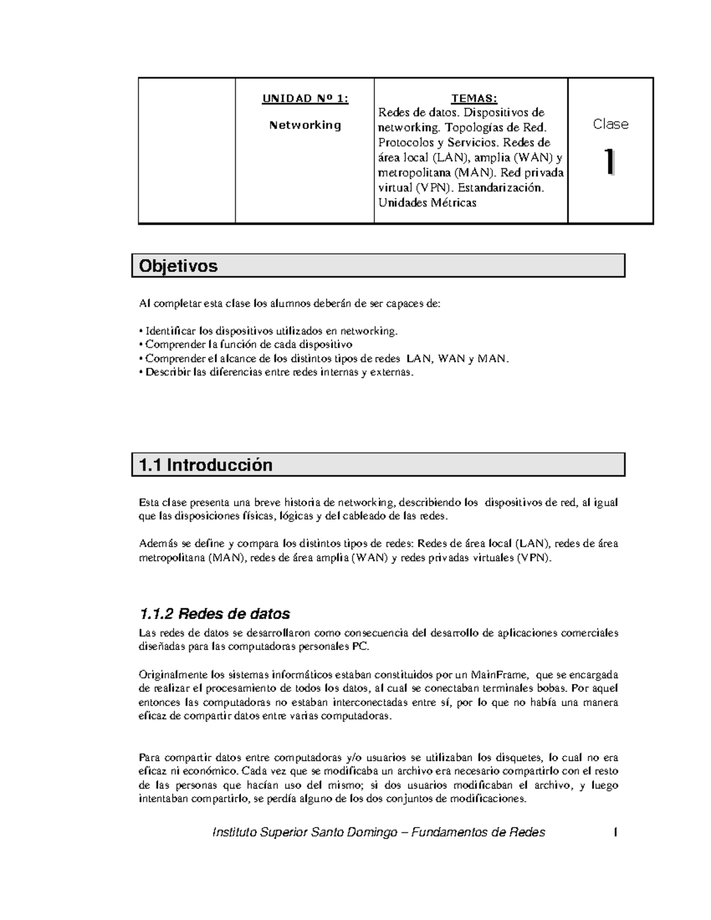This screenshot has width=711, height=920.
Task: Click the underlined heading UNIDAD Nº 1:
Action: point(305,98)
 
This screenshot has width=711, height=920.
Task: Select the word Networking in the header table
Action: point(305,125)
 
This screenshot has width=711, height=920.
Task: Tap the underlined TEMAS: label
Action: point(474,98)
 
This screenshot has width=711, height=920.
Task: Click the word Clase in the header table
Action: point(610,124)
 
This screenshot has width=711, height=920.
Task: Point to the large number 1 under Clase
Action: point(608,162)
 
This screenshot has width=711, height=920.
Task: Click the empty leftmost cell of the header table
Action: point(187,150)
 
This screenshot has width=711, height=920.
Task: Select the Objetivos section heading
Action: point(178,266)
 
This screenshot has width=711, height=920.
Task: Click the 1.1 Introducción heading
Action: point(206,465)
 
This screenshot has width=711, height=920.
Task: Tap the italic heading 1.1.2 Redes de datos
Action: point(214,613)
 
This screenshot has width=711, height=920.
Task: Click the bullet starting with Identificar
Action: point(268,331)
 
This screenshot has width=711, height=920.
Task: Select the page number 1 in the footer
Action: point(616,832)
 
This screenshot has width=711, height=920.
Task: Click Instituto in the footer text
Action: point(235,832)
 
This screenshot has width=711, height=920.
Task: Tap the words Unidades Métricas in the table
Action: point(427,203)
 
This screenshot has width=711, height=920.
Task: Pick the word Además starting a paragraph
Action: point(156,543)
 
